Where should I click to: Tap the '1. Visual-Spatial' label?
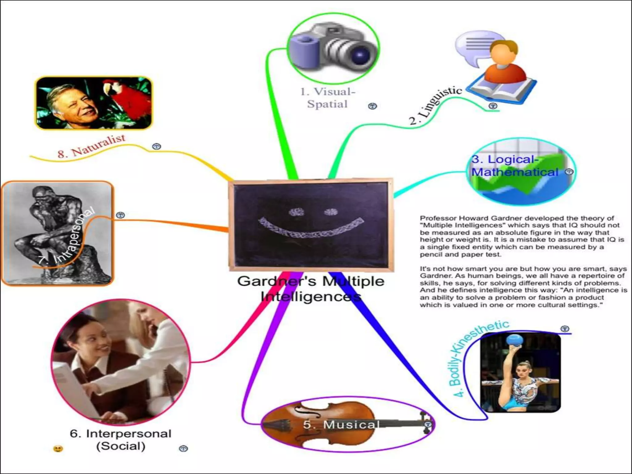click(328, 98)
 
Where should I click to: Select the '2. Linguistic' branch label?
click(435, 105)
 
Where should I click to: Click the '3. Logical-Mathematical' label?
click(515, 166)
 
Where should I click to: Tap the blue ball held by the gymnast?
click(515, 340)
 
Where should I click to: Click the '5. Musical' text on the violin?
click(341, 425)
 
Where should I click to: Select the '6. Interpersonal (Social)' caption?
click(120, 440)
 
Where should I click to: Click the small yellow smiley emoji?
click(58, 448)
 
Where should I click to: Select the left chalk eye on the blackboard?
click(297, 212)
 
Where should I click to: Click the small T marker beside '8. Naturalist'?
click(157, 146)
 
